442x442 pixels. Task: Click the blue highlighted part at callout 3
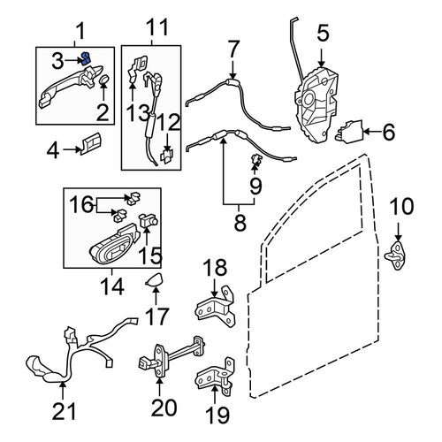[x=86, y=58]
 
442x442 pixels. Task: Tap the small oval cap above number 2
[x=103, y=80]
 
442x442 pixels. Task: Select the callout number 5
[x=323, y=34]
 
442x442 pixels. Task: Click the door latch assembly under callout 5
[x=316, y=105]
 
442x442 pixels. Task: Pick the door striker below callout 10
[x=396, y=255]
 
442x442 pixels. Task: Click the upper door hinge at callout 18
[x=216, y=307]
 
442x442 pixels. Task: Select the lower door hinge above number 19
[x=216, y=377]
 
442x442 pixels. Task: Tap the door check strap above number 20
[x=171, y=356]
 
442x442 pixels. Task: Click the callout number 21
[x=64, y=410]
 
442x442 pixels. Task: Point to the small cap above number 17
[x=154, y=280]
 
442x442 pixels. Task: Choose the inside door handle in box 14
[x=115, y=243]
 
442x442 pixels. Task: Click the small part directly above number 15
[x=148, y=220]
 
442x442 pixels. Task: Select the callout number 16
[x=82, y=204]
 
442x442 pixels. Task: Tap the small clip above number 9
[x=256, y=159]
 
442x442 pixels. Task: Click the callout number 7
[x=233, y=50]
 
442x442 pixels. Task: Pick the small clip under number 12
[x=167, y=156]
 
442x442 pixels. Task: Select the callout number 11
[x=158, y=27]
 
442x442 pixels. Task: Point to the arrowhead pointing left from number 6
[x=368, y=132]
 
